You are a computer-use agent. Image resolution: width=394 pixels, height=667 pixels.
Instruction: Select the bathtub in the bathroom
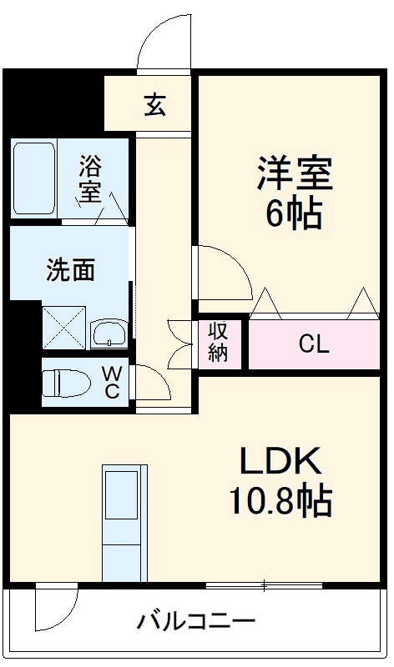34,178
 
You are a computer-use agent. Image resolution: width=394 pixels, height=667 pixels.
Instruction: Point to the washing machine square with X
64,326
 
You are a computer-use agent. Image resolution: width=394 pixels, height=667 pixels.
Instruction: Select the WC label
112,383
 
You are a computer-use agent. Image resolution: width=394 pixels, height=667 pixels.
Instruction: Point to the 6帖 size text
294,215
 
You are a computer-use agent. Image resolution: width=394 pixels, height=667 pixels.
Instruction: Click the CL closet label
315,344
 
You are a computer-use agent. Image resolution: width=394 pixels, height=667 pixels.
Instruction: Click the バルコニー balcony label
196,621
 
